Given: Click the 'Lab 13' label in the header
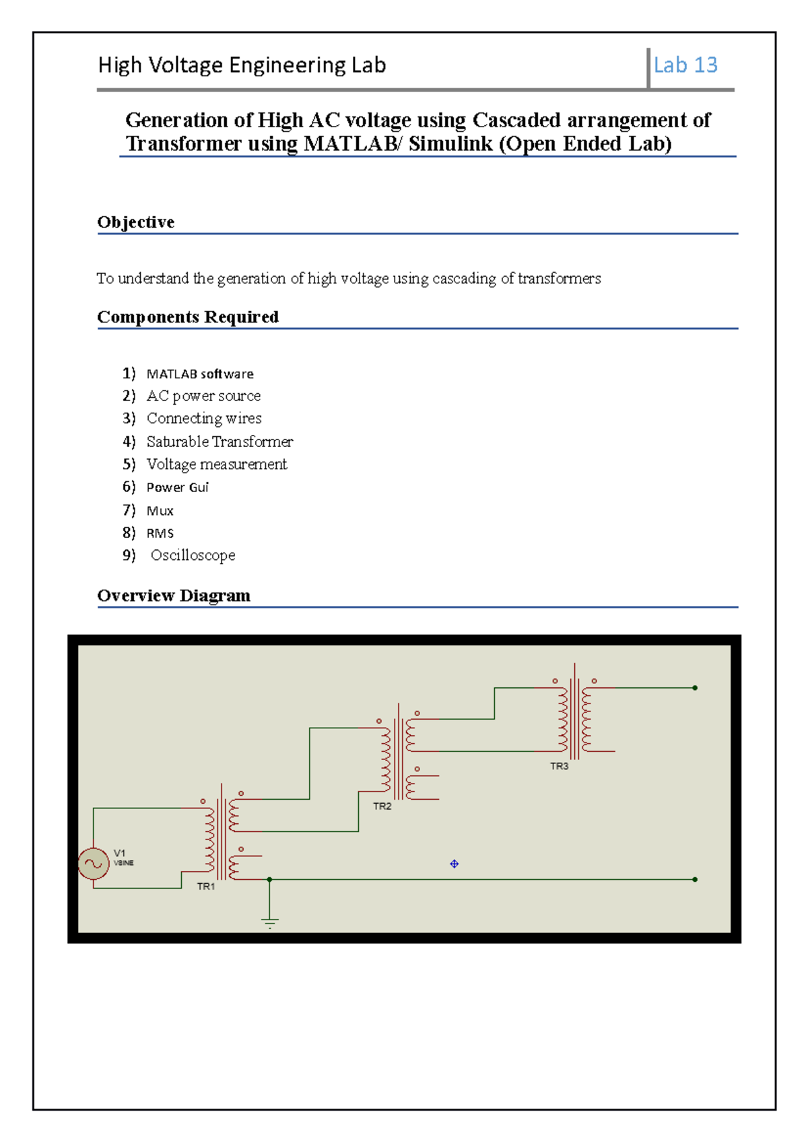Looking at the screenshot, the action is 685,65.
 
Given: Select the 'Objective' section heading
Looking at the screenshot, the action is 136,222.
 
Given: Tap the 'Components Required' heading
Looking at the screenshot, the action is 188,317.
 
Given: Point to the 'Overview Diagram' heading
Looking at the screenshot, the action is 174,596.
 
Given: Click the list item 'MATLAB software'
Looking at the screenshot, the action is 200,374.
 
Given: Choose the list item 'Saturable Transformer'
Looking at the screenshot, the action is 220,442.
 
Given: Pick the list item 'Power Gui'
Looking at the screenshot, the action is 178,487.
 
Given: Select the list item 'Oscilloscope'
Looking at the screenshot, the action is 193,555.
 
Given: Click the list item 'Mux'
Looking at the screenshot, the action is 160,511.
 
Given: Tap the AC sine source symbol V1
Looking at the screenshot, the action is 93,864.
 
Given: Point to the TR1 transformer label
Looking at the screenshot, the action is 206,887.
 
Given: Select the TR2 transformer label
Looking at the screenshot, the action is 382,806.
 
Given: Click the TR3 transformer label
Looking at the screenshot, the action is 560,766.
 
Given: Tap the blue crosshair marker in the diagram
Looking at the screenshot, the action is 454,864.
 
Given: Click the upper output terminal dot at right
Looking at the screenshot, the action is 695,688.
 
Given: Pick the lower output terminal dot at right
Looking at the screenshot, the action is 695,879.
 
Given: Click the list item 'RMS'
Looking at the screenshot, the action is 160,533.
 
